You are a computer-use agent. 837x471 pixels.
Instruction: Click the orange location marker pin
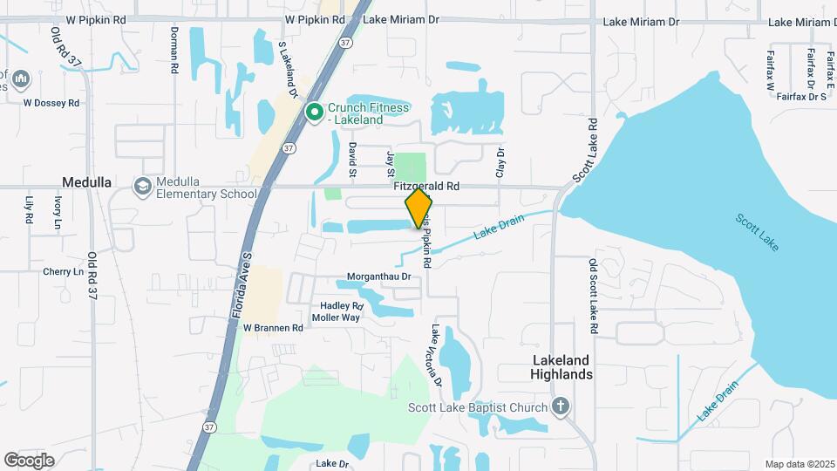(418, 208)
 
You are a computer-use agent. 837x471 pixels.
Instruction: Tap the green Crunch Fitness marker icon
(315, 113)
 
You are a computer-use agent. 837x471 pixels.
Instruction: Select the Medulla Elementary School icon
(142, 187)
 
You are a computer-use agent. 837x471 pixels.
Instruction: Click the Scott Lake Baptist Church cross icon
(561, 406)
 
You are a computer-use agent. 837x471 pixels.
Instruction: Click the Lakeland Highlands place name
(562, 367)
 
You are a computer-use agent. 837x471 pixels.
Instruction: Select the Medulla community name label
(86, 182)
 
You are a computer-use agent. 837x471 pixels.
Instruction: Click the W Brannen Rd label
(273, 329)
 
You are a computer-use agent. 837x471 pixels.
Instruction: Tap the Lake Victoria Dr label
(436, 356)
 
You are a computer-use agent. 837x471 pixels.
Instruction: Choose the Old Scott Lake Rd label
(592, 297)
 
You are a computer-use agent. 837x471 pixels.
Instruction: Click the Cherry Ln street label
(63, 272)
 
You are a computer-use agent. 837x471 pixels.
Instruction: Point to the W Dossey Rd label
(51, 102)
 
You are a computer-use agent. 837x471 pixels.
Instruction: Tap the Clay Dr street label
(500, 163)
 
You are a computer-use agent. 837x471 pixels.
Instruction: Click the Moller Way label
(336, 317)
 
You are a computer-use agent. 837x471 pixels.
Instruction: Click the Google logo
(30, 460)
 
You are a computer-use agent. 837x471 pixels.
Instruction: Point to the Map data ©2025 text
(800, 464)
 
